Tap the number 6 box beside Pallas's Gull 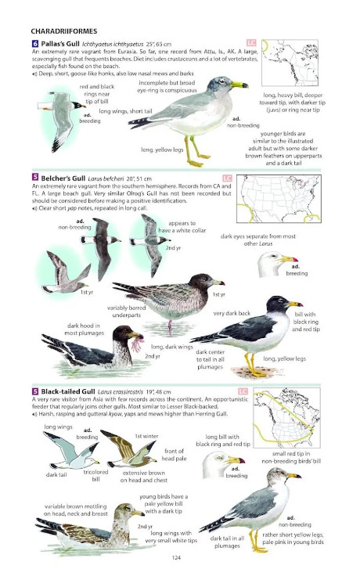[35, 43]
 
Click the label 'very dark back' [232, 313]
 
